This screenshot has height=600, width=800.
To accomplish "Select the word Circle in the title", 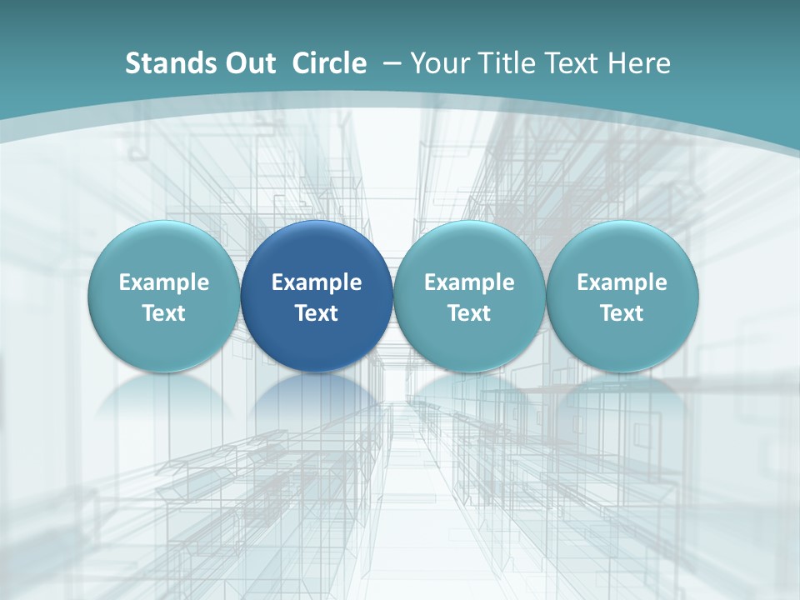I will pyautogui.click(x=329, y=63).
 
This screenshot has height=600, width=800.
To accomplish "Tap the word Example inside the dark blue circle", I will pyautogui.click(x=317, y=282).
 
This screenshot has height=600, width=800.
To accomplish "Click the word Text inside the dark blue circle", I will pyautogui.click(x=317, y=313).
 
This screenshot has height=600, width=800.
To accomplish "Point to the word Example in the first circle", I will pyautogui.click(x=163, y=282).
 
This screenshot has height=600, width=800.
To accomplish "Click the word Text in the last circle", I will pyautogui.click(x=622, y=313).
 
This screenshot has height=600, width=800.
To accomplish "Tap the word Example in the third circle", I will pyautogui.click(x=469, y=282).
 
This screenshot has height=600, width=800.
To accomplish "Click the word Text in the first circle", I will pyautogui.click(x=163, y=313).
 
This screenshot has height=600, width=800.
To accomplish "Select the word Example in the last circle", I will pyautogui.click(x=622, y=282).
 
